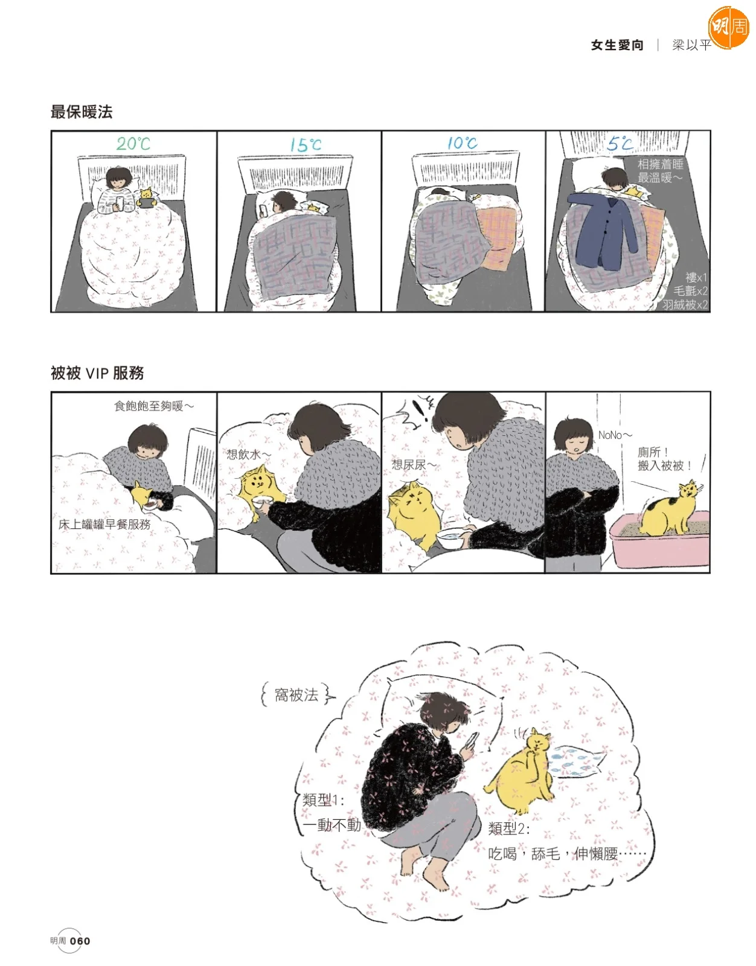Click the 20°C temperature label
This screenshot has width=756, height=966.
(x=133, y=144)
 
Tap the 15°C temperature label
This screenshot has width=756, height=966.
(x=306, y=144)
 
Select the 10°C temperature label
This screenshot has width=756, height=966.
(x=462, y=143)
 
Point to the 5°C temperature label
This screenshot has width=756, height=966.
(x=620, y=143)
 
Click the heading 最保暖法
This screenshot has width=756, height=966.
(x=82, y=112)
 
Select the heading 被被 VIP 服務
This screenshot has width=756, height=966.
(x=97, y=373)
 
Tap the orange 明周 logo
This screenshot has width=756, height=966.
(x=728, y=27)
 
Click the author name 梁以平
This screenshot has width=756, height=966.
(x=691, y=45)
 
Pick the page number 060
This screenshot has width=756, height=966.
(x=80, y=941)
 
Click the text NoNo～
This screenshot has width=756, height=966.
(x=615, y=435)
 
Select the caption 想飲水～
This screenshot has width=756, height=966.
(x=248, y=455)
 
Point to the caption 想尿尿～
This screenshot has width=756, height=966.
(x=414, y=464)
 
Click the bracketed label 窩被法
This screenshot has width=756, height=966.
(x=296, y=694)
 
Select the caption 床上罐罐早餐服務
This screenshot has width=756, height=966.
(x=104, y=524)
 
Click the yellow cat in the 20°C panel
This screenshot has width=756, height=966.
(x=147, y=198)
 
